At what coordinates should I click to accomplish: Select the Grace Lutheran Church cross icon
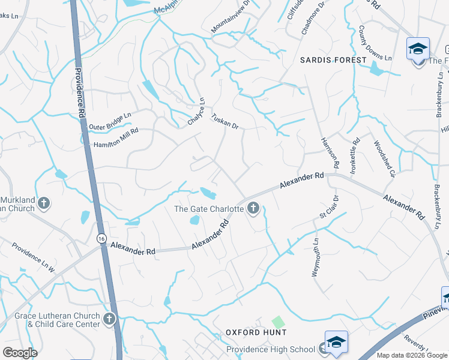(109, 319)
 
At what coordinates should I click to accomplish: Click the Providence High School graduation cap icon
(336, 341)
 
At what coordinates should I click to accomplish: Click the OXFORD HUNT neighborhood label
(256, 332)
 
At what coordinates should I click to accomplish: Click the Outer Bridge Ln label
(109, 121)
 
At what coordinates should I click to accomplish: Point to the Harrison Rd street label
(330, 152)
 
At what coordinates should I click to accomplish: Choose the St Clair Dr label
(330, 206)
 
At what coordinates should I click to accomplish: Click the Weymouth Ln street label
(315, 257)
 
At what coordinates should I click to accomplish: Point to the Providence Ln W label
(34, 258)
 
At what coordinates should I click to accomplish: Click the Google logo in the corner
(20, 353)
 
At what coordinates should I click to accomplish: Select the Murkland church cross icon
(43, 204)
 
